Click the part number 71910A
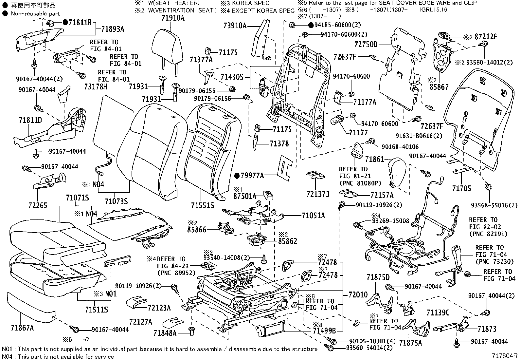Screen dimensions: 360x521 coord(173,18)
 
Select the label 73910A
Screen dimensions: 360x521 coord(235,25)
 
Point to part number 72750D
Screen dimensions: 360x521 coord(366,44)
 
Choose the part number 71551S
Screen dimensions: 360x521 coord(203,205)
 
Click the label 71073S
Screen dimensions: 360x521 coord(116,201)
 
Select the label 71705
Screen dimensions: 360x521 coord(462,188)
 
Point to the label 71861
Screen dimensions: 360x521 coord(374,159)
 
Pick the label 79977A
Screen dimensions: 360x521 coord(252,176)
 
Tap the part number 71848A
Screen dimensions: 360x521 coord(165,333)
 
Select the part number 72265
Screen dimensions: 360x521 coord(38,205)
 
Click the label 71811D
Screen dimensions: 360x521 coord(30,120)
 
